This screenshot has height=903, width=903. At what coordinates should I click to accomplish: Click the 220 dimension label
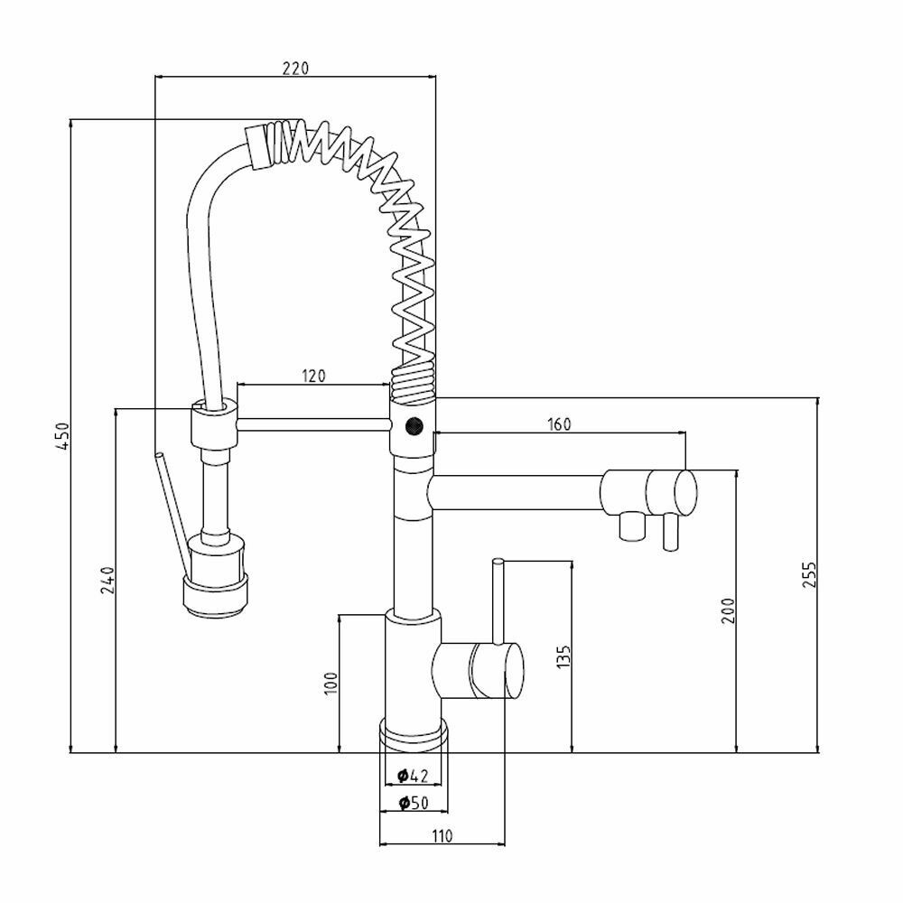pos(295,68)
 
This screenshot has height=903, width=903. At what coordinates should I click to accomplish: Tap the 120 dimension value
pos(313,376)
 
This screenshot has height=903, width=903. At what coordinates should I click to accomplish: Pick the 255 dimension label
pos(809,574)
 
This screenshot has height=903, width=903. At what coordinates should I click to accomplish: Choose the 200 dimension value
pos(728,610)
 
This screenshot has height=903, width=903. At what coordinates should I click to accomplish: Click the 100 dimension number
pos(330,683)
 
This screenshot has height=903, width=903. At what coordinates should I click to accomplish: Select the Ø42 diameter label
pos(413,776)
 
